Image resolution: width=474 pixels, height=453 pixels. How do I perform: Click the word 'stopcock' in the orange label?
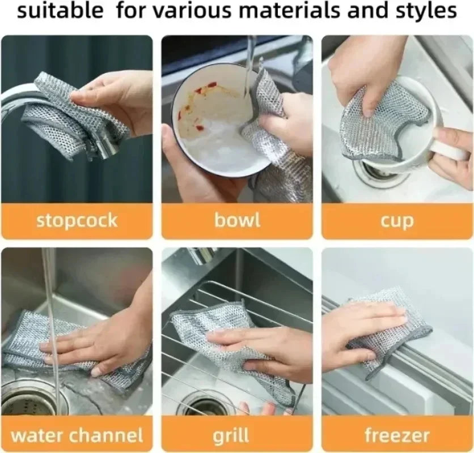pyautogui.click(x=77, y=220)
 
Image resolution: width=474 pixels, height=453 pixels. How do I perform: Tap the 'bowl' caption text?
pyautogui.click(x=237, y=220)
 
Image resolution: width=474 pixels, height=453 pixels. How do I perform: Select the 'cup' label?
pyautogui.click(x=397, y=221)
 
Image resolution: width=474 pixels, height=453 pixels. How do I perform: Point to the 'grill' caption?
pyautogui.click(x=232, y=436)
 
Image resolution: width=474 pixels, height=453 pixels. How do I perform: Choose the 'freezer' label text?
pyautogui.click(x=397, y=435)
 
